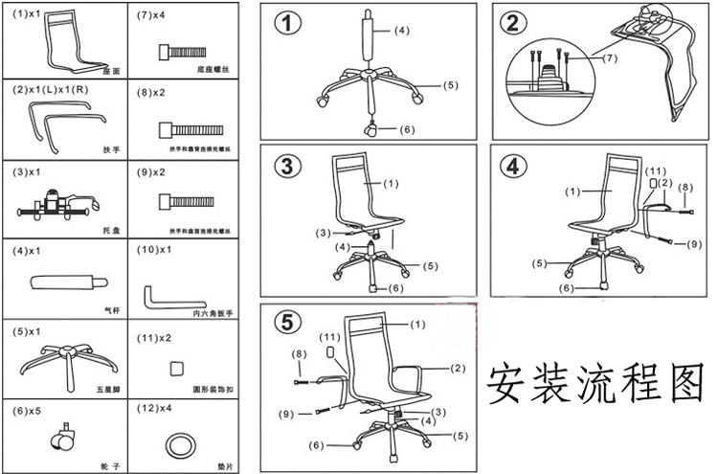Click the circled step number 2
(514, 23)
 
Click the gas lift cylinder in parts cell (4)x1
(65, 283)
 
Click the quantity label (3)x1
(28, 171)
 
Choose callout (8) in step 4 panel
(684, 189)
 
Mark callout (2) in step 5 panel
(458, 368)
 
